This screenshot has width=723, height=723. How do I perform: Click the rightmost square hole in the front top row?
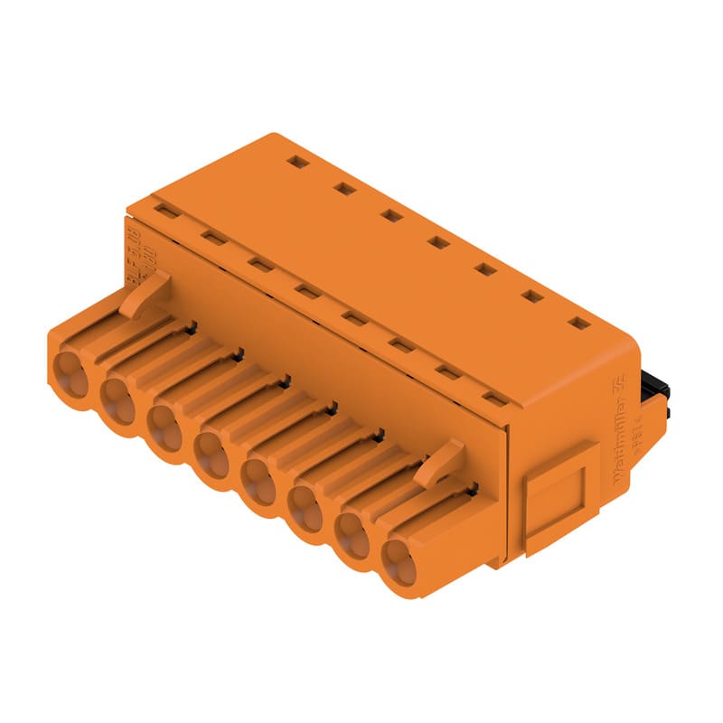tap(493, 397)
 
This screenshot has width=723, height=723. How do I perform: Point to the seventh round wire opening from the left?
tap(352, 537)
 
